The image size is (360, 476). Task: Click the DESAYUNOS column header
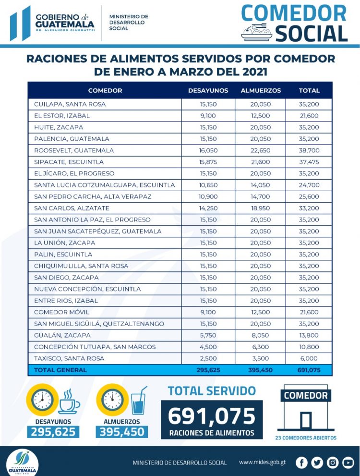[208, 90]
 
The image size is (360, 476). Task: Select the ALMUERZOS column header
[261, 90]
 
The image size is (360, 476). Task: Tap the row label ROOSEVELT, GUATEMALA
[74, 150]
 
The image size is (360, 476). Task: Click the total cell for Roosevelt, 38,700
[309, 150]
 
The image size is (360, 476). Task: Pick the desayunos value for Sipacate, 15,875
[208, 162]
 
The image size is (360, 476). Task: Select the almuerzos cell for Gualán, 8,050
[261, 335]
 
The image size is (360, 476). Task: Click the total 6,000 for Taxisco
[309, 358]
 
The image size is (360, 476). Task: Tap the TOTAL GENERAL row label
[60, 370]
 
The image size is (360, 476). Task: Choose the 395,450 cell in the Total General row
[261, 370]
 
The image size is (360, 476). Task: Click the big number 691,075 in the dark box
[212, 415]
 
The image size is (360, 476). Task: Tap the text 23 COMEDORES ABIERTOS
[306, 438]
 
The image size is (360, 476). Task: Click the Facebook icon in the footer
[301, 463]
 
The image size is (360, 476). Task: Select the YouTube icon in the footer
[348, 463]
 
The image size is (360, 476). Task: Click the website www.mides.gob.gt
[262, 462]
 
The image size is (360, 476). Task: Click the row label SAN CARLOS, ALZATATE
[72, 208]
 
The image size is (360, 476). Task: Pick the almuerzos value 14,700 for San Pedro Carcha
[261, 196]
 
